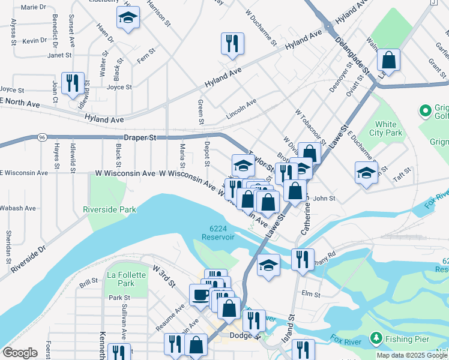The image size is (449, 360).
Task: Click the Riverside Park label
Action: click(110, 209)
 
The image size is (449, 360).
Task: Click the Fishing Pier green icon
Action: click(376, 339)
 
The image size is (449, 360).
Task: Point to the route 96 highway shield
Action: click(41, 137)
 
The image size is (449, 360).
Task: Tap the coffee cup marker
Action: click(200, 295)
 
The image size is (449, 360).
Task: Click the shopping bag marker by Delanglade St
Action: click(389, 60)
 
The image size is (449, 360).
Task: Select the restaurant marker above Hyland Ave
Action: click(232, 43)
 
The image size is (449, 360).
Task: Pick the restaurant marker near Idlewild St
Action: click(73, 83)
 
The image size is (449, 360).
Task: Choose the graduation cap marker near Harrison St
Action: click(127, 19)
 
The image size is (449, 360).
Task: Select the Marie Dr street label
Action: click(33, 8)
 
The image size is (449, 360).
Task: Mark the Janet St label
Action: click(59, 55)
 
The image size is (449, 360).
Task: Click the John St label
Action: click(324, 198)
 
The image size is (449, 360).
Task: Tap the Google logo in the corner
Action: click(20, 353)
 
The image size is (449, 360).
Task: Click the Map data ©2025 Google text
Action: click(411, 355)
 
